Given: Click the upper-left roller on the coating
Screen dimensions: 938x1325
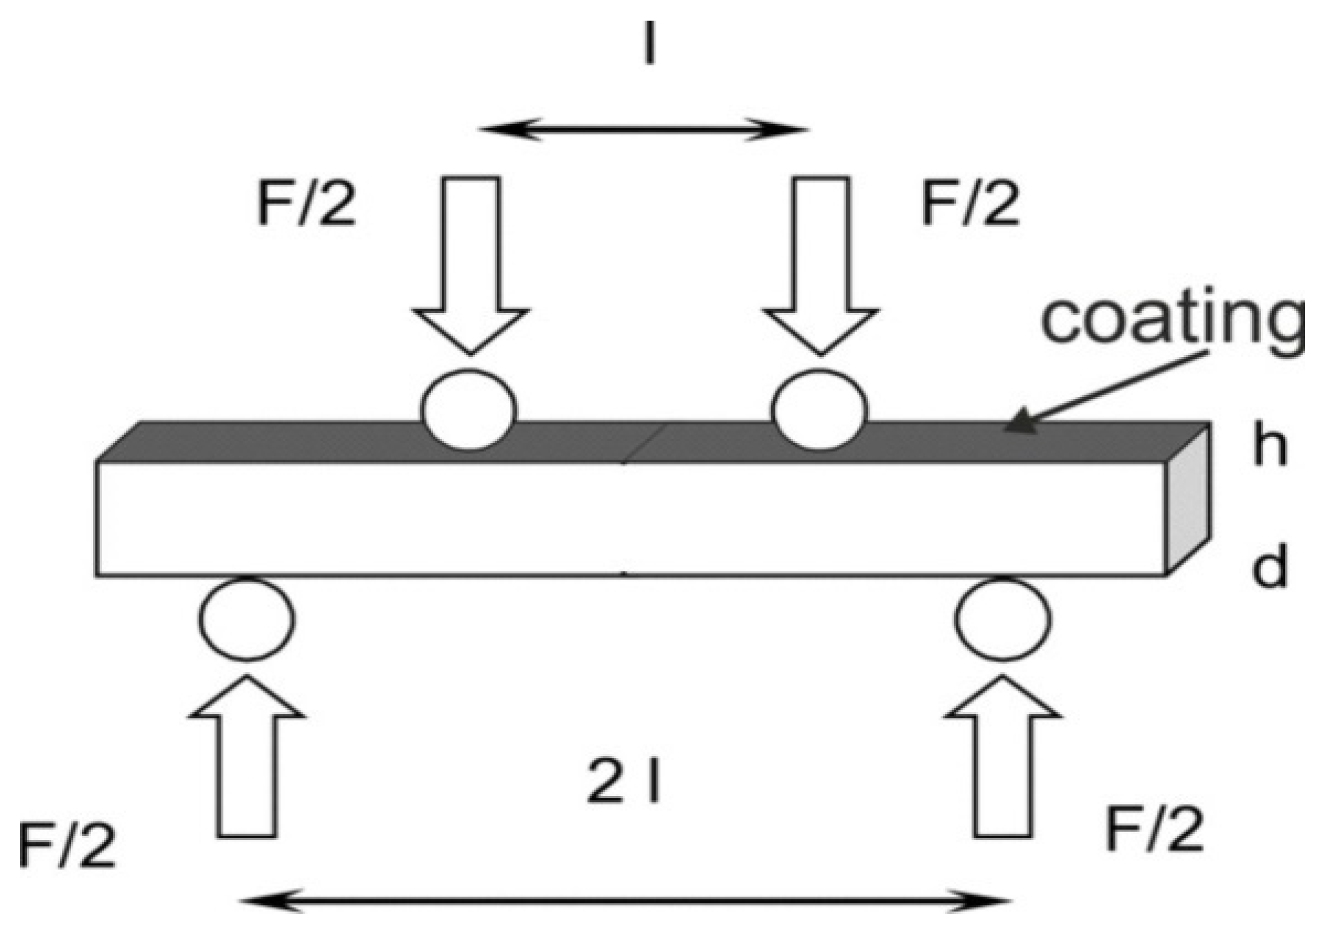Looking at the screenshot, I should (x=469, y=410).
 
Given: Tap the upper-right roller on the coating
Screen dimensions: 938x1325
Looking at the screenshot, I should (x=820, y=410).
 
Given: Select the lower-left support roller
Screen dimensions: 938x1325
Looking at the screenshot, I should (x=247, y=619).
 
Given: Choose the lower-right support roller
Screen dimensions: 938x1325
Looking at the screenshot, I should (x=1003, y=619).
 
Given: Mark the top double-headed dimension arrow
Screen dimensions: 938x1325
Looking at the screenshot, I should (x=643, y=130).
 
